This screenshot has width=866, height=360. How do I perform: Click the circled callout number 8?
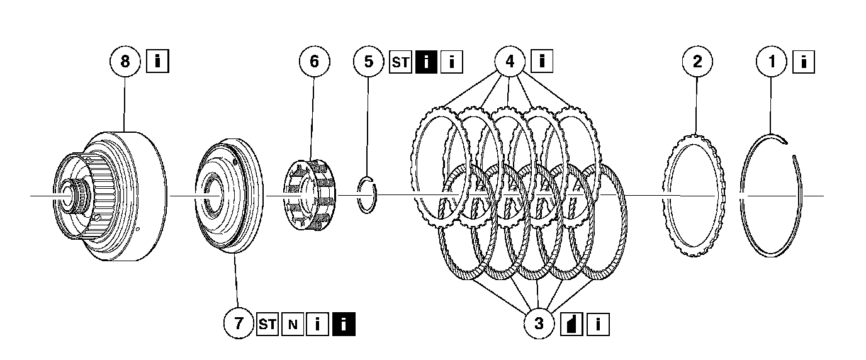tap(125, 62)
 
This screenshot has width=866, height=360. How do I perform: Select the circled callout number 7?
tap(239, 324)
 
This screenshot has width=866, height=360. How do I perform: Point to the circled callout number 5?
tap(369, 62)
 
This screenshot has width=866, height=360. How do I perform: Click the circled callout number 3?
tap(539, 324)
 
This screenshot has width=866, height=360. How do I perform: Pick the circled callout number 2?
tap(697, 62)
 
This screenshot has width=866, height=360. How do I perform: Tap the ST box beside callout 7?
tap(267, 325)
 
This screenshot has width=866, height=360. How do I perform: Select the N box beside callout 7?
tap(293, 325)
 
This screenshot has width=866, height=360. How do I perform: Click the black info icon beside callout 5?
tap(426, 62)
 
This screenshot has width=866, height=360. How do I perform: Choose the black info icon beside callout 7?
tap(344, 325)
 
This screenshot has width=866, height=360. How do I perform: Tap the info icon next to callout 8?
tap(157, 62)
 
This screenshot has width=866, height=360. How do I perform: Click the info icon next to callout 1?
tap(804, 62)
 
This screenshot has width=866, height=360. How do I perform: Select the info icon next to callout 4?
tap(542, 62)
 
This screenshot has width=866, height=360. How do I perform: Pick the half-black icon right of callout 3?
tap(571, 325)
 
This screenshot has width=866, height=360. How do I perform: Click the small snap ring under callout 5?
tap(366, 195)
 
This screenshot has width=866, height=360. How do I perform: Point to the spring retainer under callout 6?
tap(310, 194)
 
